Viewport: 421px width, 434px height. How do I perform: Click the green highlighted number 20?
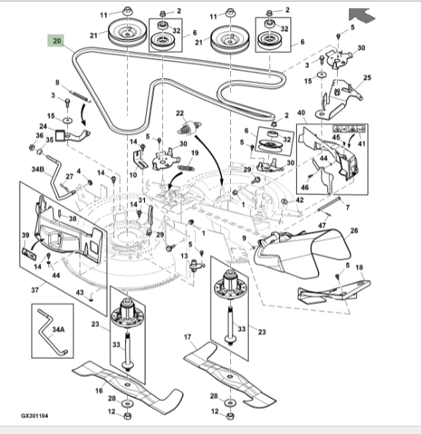56,41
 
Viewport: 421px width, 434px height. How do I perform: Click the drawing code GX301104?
34,416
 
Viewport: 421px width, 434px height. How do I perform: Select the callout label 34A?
58,330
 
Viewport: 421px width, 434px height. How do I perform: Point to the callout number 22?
180,113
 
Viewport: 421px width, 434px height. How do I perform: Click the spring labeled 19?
186,168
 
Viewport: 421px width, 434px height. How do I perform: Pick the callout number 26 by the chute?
354,231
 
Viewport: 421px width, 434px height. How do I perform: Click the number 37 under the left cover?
34,290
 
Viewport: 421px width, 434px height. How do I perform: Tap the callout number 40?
301,113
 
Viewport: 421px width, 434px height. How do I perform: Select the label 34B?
38,169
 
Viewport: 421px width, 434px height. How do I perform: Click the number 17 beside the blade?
187,337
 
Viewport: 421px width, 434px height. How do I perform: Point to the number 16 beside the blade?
99,391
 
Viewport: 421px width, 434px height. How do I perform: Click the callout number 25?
367,77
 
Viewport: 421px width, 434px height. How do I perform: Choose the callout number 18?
359,267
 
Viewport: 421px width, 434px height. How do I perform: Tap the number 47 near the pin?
322,226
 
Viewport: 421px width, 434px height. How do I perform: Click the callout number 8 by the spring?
57,83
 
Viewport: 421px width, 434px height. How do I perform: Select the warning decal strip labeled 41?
349,129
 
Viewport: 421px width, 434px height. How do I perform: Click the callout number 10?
133,175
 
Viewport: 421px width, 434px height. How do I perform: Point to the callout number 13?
184,256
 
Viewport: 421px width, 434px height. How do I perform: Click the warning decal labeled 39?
29,254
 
